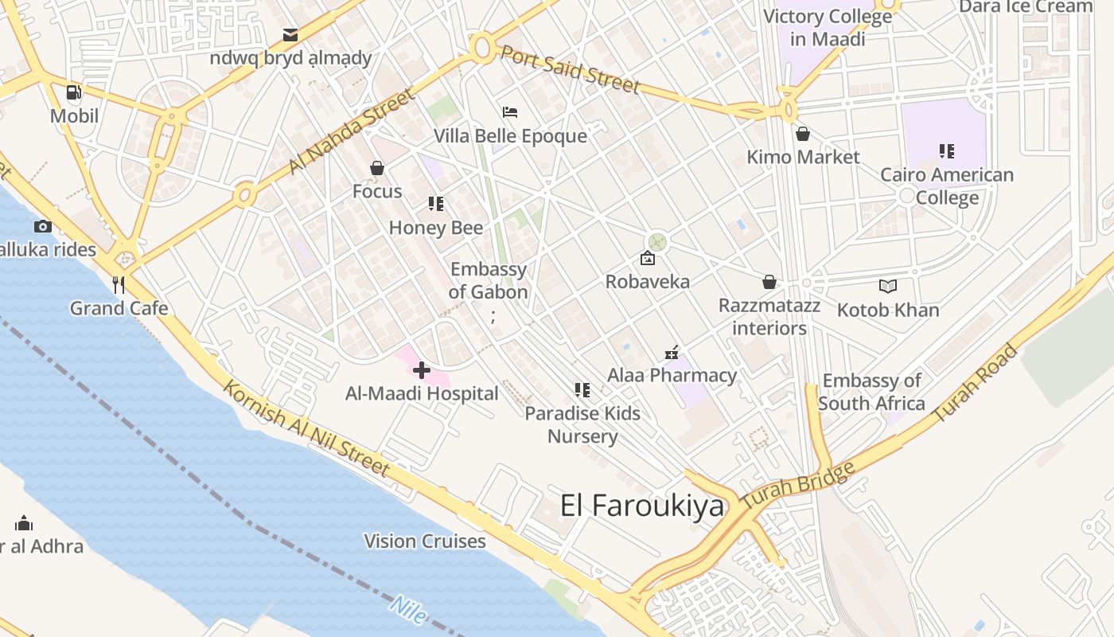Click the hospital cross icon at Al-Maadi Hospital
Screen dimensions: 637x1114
point(422,369)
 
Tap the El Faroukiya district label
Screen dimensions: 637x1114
point(642,506)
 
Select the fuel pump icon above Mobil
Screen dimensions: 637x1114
point(74,92)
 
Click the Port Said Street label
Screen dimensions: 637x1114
point(570,68)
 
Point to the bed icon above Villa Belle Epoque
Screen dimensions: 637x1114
point(510,112)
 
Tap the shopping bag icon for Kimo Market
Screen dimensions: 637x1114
point(802,134)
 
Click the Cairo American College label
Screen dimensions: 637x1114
point(947,186)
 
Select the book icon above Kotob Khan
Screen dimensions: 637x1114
point(888,286)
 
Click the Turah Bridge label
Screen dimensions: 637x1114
point(798,486)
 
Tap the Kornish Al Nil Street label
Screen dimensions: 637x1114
point(306,429)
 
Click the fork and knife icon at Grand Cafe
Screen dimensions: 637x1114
point(119,284)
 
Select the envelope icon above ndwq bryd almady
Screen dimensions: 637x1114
point(290,35)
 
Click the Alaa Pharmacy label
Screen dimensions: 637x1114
point(672,375)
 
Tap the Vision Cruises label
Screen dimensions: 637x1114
point(425,541)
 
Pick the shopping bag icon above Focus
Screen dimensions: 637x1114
point(377,168)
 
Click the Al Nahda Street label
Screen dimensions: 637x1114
point(351,131)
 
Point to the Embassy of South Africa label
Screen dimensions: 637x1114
point(871,392)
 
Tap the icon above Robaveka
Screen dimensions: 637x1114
point(648,259)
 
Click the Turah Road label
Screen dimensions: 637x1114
point(976,383)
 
